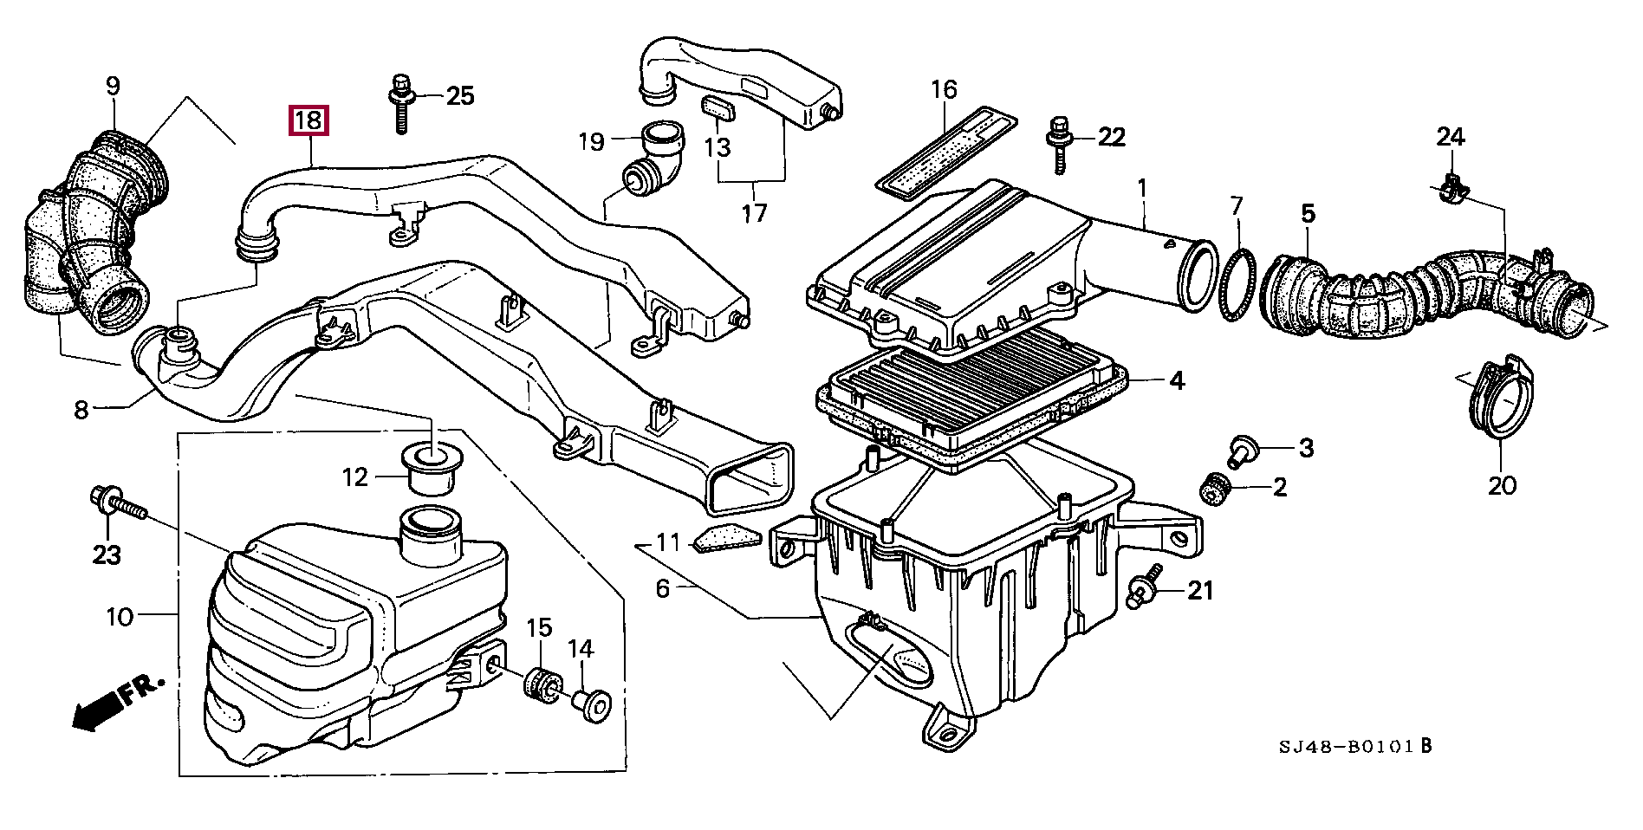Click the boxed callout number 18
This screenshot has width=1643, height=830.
(308, 120)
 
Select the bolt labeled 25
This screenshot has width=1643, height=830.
(400, 104)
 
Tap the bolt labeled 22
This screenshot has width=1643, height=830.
(1059, 146)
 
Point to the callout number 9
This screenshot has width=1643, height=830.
(113, 86)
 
